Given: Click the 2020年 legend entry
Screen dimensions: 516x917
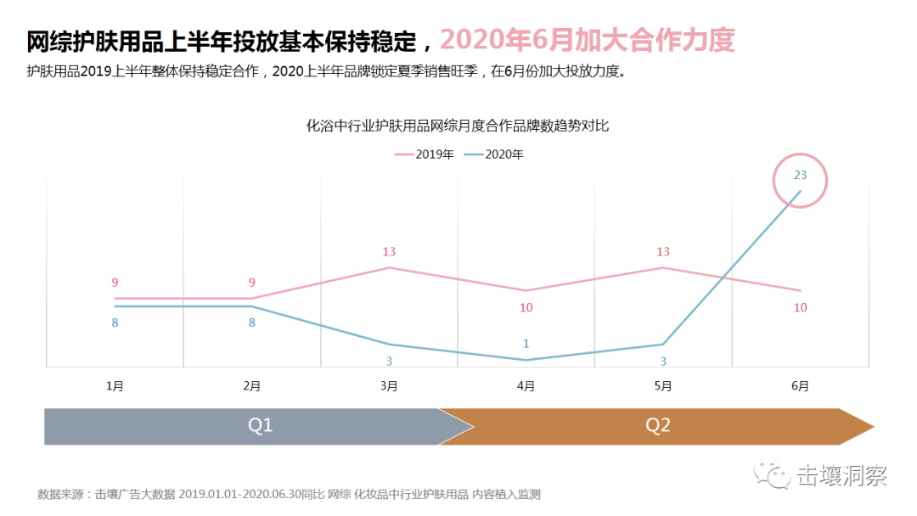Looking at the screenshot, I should (494, 154).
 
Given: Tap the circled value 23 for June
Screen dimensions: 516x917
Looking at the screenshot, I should (800, 176).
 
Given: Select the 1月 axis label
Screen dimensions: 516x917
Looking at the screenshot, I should (115, 386).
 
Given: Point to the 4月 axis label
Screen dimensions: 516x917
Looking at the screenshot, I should (526, 386).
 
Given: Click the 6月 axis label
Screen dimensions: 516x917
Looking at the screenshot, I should (800, 386).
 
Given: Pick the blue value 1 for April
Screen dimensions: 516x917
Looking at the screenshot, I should (526, 344).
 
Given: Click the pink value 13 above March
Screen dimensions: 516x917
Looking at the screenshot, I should (389, 252).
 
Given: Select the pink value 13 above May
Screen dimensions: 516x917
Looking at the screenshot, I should (663, 252).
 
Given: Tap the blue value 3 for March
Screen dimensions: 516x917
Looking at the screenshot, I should (389, 362).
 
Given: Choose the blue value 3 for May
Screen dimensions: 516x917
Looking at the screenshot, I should (663, 362).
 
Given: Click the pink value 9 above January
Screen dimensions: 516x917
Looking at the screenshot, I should (115, 283).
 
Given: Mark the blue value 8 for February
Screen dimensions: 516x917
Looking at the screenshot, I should (252, 323).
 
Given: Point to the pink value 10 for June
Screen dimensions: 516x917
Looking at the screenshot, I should (800, 308).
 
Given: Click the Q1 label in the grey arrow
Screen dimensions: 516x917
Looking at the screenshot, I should (260, 426).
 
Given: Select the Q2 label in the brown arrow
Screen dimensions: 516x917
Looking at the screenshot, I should (658, 426).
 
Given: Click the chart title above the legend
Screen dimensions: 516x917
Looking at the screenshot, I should (458, 126).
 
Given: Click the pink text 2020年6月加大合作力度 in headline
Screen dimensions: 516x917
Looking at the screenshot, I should (587, 40).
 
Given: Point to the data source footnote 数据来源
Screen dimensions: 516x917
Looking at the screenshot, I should (289, 494).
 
